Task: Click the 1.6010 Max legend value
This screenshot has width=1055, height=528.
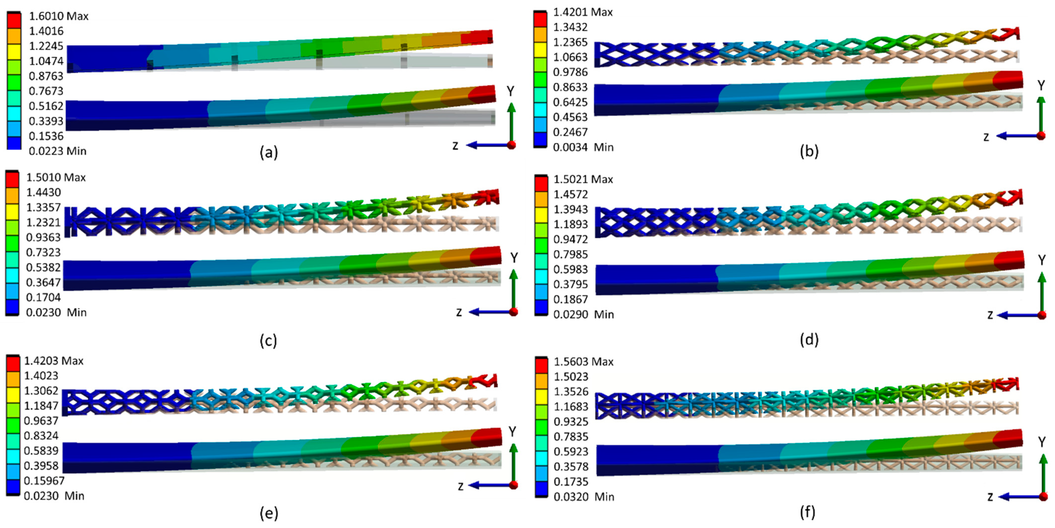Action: click(59, 16)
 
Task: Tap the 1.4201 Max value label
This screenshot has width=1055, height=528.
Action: click(583, 12)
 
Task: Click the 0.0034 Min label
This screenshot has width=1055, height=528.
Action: click(583, 147)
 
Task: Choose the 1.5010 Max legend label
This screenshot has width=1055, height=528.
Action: click(56, 178)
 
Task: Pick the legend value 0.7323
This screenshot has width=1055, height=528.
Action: click(43, 252)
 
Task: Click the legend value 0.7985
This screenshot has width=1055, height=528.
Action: click(570, 254)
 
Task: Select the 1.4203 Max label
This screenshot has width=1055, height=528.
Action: click(54, 361)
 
